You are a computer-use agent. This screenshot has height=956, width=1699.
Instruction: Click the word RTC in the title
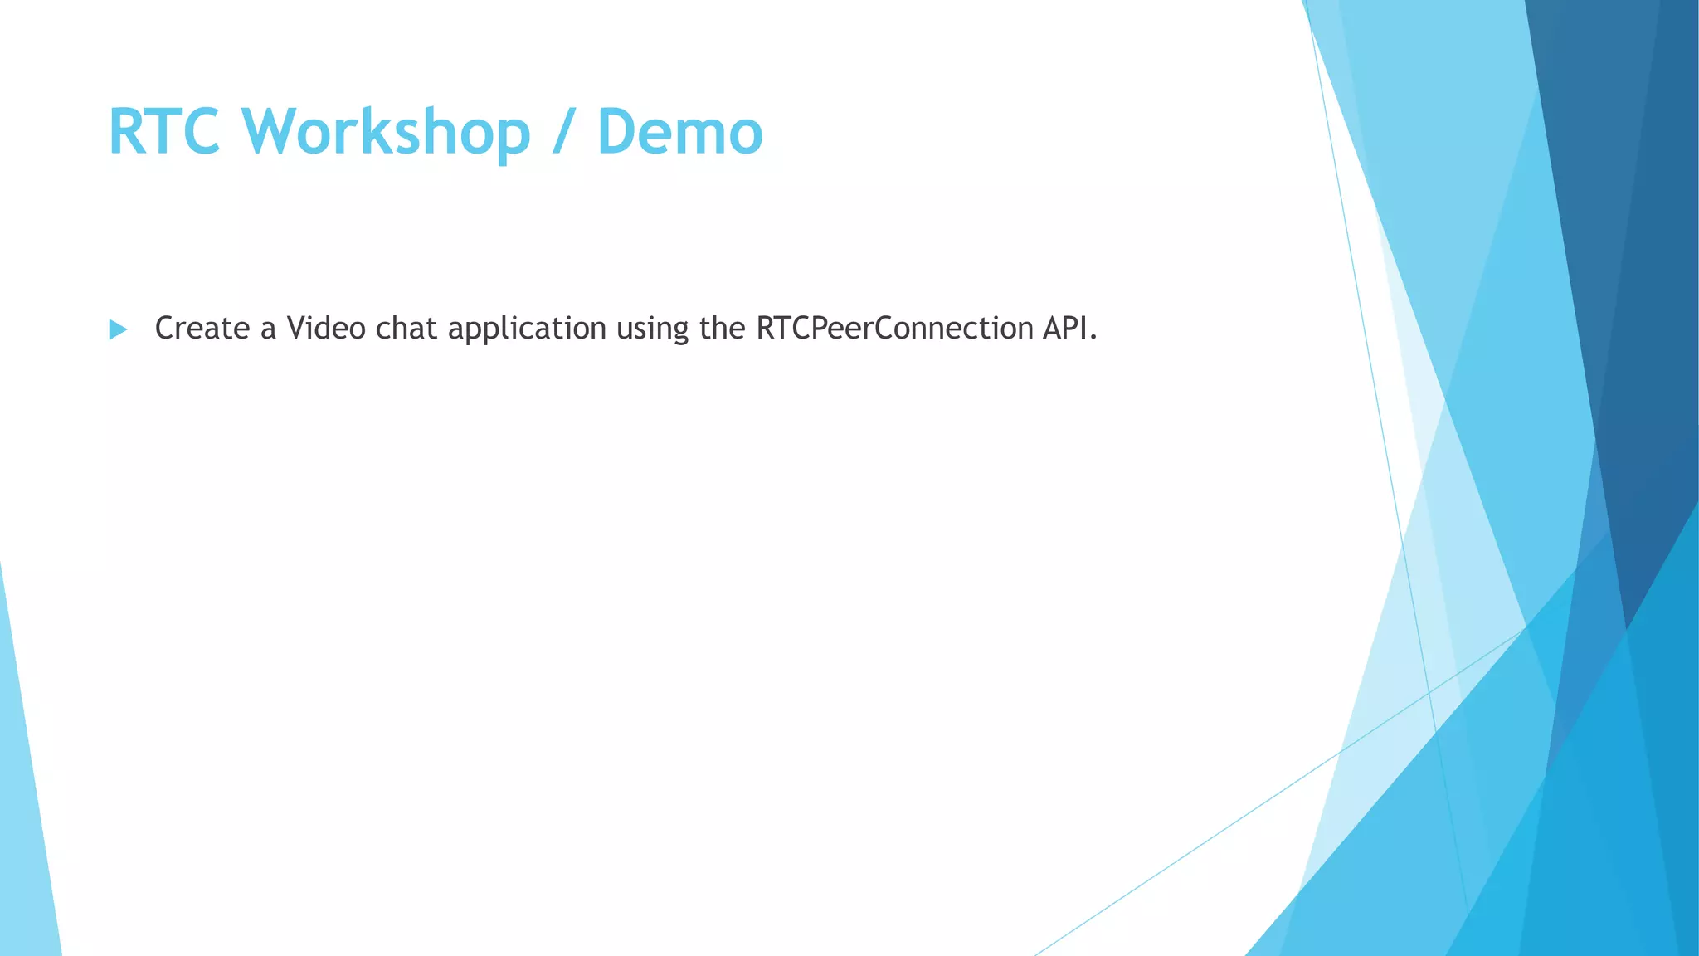click(x=164, y=132)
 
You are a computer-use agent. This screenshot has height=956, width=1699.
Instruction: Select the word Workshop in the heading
click(x=386, y=132)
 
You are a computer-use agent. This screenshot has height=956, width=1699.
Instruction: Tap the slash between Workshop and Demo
click(x=562, y=132)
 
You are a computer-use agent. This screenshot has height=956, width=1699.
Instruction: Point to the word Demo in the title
click(x=679, y=132)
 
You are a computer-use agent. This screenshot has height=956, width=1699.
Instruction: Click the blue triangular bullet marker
click(x=118, y=329)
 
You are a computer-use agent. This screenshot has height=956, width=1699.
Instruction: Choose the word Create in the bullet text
click(x=202, y=329)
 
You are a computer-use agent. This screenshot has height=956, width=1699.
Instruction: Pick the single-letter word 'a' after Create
click(x=268, y=329)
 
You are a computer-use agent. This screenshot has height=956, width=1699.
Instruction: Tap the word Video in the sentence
click(x=326, y=329)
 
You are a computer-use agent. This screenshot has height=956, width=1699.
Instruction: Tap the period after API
click(x=1093, y=338)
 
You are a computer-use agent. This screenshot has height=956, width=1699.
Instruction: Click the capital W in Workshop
click(x=276, y=132)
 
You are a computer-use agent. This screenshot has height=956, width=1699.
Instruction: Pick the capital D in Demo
click(x=617, y=132)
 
